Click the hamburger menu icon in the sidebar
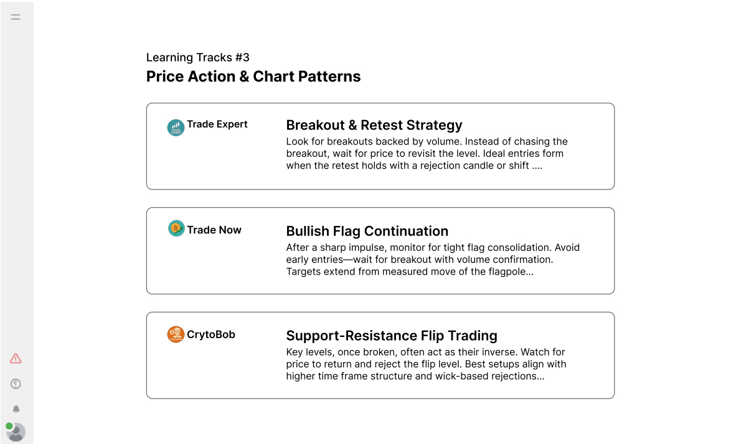coord(16,17)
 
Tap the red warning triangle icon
coord(16,359)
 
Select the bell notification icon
coord(16,409)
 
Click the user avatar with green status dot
coord(16,432)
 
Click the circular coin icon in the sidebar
coord(16,384)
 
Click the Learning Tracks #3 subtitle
coord(197,57)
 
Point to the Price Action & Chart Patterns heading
coord(253,77)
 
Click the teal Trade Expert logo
coord(176,127)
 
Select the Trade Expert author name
coord(217,124)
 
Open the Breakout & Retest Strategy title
coord(374,125)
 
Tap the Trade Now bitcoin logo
coord(176,229)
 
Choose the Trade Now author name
coord(214,230)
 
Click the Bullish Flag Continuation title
coord(367,231)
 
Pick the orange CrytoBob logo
coord(176,334)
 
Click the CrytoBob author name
coord(210,334)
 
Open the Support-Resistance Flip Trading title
coord(392,336)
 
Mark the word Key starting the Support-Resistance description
coord(295,352)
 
